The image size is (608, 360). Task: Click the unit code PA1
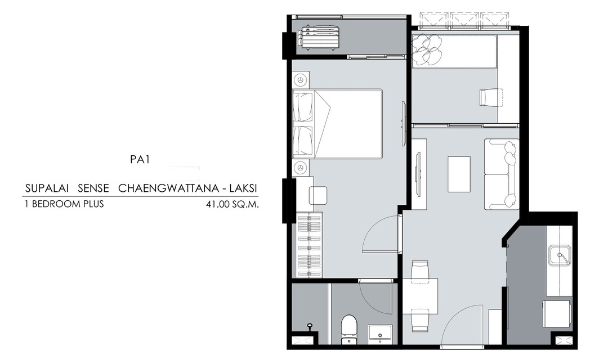140,160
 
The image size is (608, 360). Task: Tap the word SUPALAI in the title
47,188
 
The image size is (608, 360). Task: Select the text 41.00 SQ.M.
233,204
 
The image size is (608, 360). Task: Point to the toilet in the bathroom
348,329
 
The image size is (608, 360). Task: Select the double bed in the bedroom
337,124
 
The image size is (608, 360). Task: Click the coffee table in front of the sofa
459,174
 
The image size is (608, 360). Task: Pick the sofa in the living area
502,174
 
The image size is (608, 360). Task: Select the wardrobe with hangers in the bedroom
310,245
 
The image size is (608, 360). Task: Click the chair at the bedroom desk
318,195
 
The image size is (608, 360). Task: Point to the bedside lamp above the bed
301,80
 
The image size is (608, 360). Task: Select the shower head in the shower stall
310,326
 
